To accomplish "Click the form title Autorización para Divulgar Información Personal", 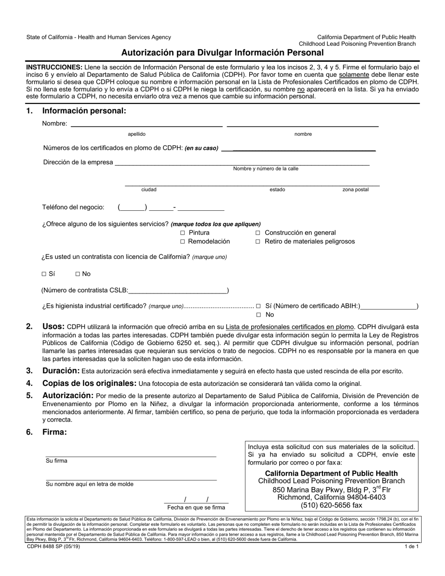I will point(222,52).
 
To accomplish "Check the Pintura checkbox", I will point(183,233).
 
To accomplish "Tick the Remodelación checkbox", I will point(183,242).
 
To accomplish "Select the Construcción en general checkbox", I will point(258,233).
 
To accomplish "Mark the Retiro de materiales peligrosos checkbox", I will point(258,242).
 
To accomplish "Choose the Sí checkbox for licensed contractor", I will point(44,274).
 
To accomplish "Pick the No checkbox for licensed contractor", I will point(78,274).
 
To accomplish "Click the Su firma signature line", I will point(131,453).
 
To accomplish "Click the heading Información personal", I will point(84,111).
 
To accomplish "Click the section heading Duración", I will point(61,371).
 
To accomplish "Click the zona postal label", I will point(356,190).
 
